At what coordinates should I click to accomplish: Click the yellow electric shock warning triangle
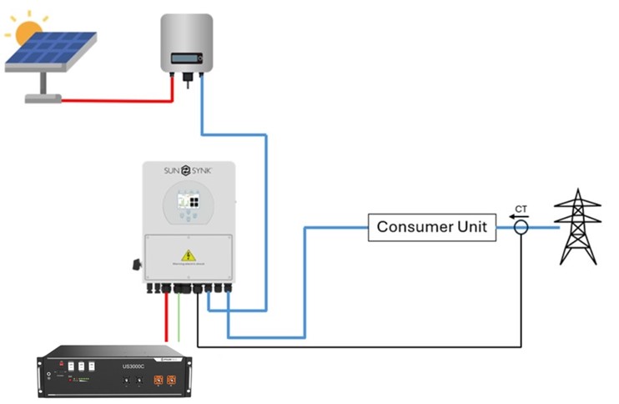coord(189,255)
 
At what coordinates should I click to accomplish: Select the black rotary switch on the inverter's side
coord(134,266)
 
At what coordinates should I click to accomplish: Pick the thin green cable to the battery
coord(178,321)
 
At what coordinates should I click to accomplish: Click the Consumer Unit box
coord(431,226)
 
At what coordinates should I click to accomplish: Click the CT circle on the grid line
coord(521,226)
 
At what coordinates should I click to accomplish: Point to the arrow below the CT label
coord(521,216)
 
